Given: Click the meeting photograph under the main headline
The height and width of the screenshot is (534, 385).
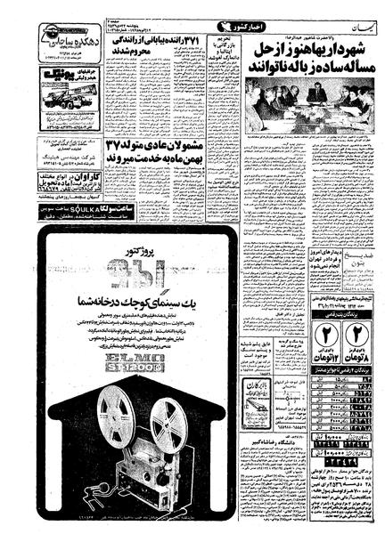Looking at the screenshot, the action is coord(304,106).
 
